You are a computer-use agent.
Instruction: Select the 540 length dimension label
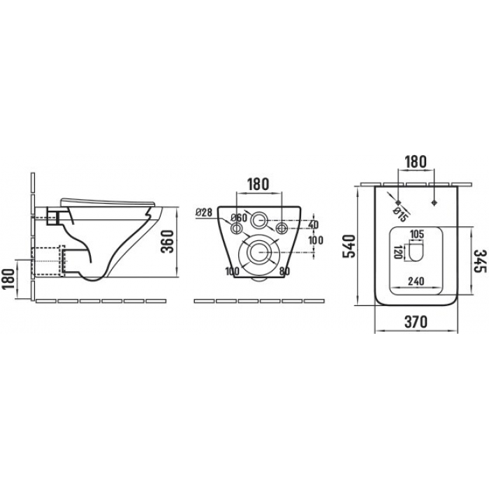point(349,247)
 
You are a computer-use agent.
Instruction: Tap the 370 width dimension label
point(416,321)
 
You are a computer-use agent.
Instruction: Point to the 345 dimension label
point(481,261)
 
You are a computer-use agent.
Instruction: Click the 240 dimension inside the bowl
point(416,281)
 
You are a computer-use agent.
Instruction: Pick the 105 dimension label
point(416,234)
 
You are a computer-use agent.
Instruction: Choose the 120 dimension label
point(397,252)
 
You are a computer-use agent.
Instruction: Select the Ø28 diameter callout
point(204,212)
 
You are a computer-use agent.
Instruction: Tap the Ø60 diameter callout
point(239,218)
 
